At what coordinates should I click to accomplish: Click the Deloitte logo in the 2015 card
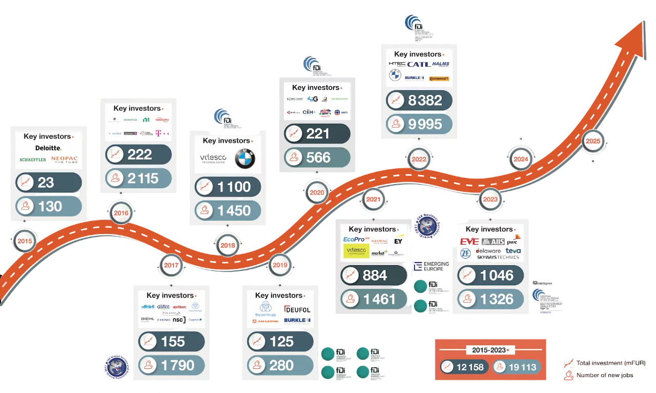pyautogui.click(x=48, y=148)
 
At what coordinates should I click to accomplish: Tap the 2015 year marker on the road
pyautogui.click(x=24, y=241)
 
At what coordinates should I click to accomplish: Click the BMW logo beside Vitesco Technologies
pyautogui.click(x=244, y=159)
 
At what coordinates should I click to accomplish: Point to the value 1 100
pyautogui.click(x=234, y=187)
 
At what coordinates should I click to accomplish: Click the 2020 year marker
pyautogui.click(x=317, y=193)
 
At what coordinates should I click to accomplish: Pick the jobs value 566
pyautogui.click(x=318, y=158)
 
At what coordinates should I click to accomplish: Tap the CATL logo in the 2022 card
pyautogui.click(x=418, y=64)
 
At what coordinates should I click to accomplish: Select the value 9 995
pyautogui.click(x=425, y=124)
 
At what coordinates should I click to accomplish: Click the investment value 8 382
pyautogui.click(x=425, y=101)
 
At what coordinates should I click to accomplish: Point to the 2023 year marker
pyautogui.click(x=490, y=199)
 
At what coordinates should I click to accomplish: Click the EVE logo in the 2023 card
pyautogui.click(x=469, y=242)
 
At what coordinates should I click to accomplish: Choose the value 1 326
pyautogui.click(x=497, y=299)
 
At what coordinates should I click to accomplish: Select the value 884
pyautogui.click(x=375, y=276)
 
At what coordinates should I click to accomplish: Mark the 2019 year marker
pyautogui.click(x=280, y=265)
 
